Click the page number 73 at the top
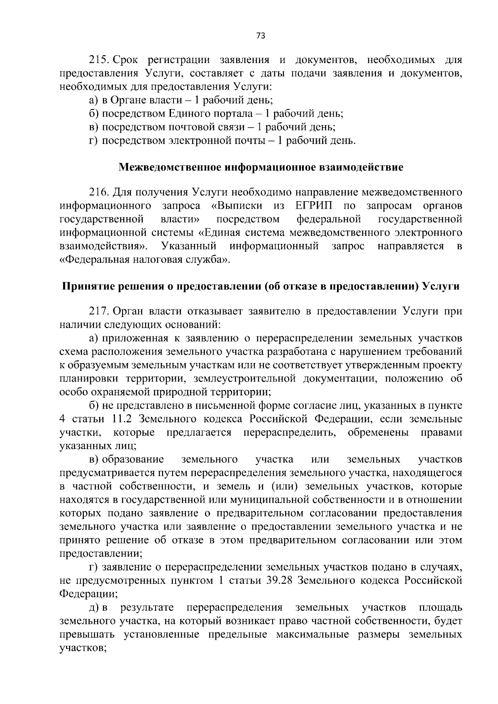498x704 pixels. (261, 36)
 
